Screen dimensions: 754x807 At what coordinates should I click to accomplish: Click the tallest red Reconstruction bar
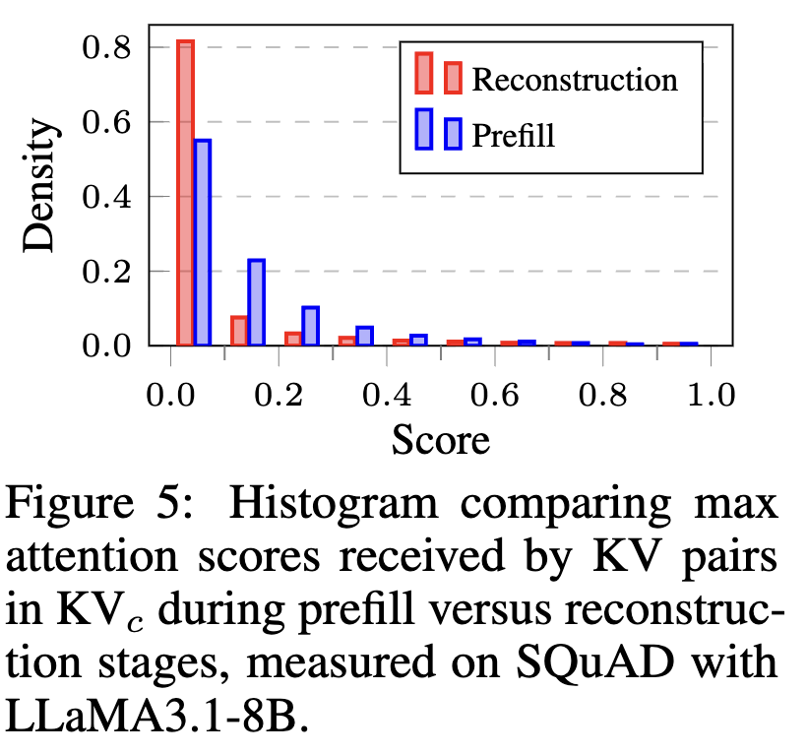(185, 193)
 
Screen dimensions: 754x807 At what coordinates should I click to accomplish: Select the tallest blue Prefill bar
(203, 242)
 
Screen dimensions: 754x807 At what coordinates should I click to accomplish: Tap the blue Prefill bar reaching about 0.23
(256, 302)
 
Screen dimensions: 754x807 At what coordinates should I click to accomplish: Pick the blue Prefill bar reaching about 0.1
(310, 326)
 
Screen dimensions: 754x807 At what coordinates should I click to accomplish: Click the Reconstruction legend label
(575, 79)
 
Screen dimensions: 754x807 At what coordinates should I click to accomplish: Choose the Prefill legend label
(514, 134)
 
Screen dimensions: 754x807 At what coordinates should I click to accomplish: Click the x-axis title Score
(441, 439)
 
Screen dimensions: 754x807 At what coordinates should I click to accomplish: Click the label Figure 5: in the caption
(109, 507)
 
